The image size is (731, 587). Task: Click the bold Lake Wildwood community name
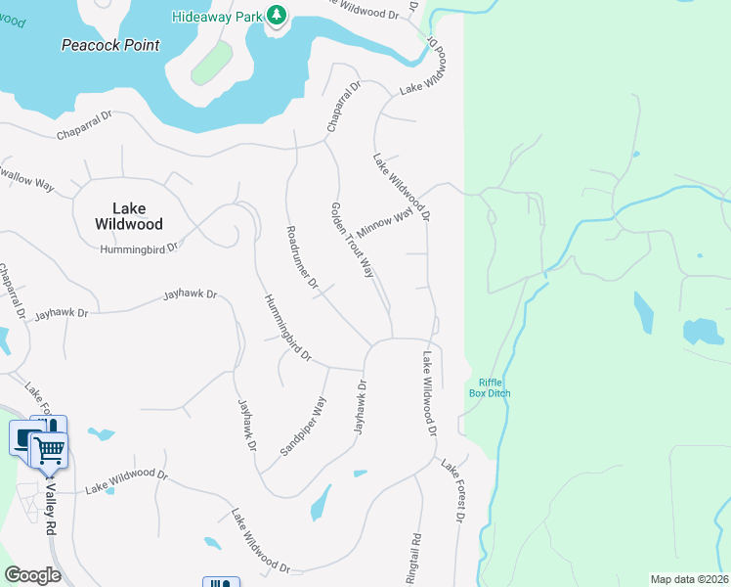pos(130,215)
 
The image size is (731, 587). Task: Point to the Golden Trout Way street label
pos(353,240)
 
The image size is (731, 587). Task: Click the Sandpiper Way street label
pos(304,426)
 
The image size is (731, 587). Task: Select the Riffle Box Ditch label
pos(494,387)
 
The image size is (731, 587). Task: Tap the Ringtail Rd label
pos(415,553)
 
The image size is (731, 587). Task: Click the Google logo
pos(32,575)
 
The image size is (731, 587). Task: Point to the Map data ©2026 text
pos(688,579)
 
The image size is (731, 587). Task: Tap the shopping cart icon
pos(49,451)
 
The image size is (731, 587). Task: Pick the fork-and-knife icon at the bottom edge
pos(221,583)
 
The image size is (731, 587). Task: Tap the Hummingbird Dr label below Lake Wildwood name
pos(139,248)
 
